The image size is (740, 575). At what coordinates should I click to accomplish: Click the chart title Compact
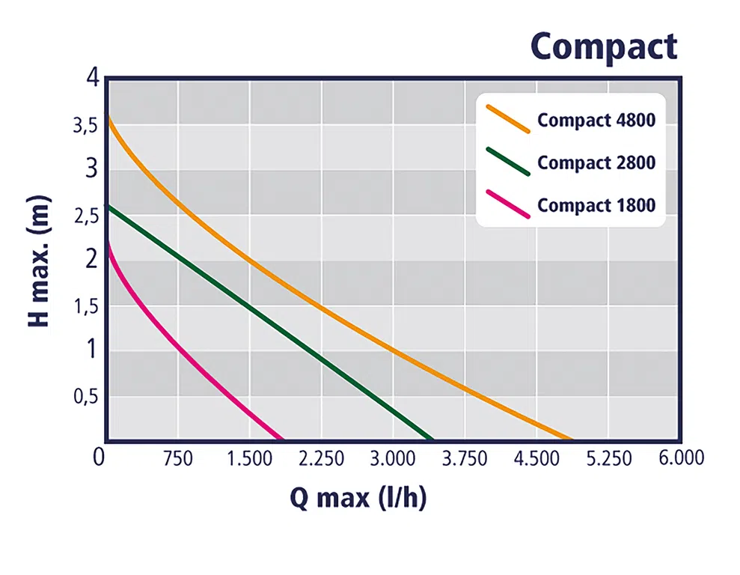(604, 46)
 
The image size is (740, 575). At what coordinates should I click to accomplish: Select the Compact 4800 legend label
(596, 121)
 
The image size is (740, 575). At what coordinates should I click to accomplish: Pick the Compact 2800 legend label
(596, 162)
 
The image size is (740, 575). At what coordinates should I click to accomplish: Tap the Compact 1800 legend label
(596, 204)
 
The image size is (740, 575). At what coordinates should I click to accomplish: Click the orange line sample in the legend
(508, 118)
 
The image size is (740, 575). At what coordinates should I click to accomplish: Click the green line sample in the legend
(508, 161)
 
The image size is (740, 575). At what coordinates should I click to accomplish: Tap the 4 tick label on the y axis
(91, 77)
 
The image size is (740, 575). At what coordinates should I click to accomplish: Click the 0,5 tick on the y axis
(85, 396)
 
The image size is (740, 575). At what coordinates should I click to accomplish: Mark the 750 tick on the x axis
(178, 458)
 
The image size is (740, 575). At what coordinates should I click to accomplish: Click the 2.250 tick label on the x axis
(321, 458)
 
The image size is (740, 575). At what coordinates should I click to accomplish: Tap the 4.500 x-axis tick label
(536, 458)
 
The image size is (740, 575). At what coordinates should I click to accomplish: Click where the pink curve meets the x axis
(283, 439)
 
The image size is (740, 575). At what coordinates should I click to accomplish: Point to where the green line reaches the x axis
(432, 439)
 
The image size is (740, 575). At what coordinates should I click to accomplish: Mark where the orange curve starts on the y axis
(108, 118)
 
